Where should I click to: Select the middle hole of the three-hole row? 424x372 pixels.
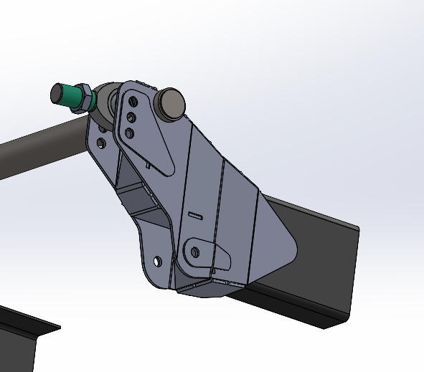(131, 118)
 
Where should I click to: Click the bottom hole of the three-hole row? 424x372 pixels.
(130, 133)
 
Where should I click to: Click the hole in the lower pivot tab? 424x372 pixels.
(194, 252)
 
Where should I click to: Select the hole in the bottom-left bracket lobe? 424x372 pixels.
(157, 261)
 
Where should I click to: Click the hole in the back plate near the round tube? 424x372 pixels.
(101, 143)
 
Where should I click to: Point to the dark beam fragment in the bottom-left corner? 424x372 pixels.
(22, 337)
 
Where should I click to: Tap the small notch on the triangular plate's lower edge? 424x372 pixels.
(148, 164)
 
